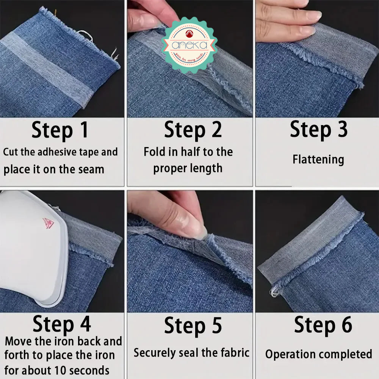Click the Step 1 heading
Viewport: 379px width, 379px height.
60,130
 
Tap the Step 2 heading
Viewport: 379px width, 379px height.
193,130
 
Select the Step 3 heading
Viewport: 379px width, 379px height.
318,129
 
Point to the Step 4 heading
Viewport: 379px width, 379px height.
62,324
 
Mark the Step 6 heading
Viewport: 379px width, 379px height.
323,324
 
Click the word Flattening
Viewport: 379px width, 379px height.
318,159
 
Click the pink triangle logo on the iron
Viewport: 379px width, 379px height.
48,223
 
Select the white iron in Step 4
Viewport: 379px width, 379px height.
30,246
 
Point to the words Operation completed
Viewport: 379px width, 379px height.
318,354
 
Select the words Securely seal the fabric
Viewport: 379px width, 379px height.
191,353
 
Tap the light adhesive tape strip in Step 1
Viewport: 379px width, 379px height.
45,68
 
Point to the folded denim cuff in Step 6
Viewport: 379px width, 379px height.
309,239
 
